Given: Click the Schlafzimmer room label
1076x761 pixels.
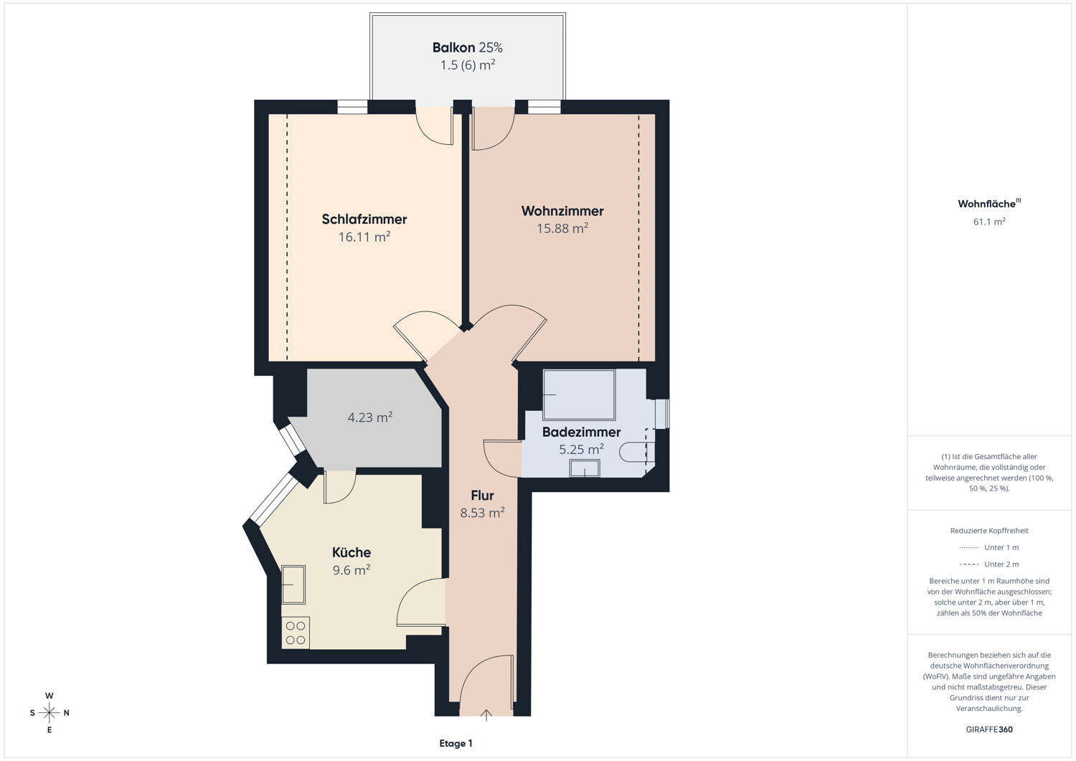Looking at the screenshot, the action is [x=364, y=219].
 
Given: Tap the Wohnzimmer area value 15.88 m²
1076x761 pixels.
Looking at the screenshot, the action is [x=562, y=228].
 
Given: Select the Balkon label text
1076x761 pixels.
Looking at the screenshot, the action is [x=453, y=47].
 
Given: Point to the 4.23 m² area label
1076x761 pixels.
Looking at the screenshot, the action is [x=370, y=417].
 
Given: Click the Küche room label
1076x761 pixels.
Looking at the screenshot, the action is [x=351, y=552].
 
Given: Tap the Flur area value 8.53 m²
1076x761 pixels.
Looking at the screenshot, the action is [x=482, y=513].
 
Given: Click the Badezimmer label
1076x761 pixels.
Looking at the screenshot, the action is [x=581, y=432].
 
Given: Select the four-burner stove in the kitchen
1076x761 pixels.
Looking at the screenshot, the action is [x=296, y=633].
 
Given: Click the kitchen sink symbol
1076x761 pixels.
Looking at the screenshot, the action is [x=293, y=585].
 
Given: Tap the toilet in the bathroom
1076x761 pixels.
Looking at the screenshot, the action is [x=637, y=452].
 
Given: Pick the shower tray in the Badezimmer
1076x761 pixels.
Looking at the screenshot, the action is [x=579, y=395].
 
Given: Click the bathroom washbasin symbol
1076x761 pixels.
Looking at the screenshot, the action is [x=585, y=468].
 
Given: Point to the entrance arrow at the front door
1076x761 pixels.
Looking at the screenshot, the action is [x=486, y=715].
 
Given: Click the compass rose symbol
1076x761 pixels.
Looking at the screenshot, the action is [x=49, y=712].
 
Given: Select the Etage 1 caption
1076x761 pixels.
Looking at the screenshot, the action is [x=456, y=743].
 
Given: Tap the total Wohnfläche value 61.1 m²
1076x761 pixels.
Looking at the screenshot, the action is [x=989, y=222].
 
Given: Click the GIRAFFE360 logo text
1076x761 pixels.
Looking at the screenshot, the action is [x=989, y=729].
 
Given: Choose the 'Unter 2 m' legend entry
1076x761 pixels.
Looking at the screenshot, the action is [x=989, y=564].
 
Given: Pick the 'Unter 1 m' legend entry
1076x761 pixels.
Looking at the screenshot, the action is [x=989, y=547].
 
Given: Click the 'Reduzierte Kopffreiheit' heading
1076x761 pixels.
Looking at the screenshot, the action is [x=989, y=531].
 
